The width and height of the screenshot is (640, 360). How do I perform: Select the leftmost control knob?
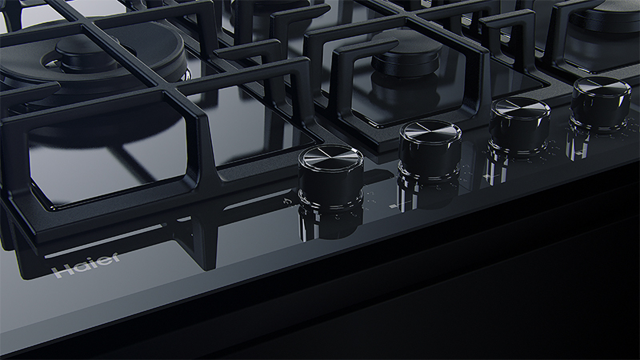tap(330, 174)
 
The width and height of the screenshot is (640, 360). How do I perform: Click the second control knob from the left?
tap(430, 148)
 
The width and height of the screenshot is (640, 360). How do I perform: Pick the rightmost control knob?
tap(602, 102)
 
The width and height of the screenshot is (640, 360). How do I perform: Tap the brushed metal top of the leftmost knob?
tap(330, 155)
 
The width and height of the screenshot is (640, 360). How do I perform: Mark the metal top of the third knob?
tap(520, 108)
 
